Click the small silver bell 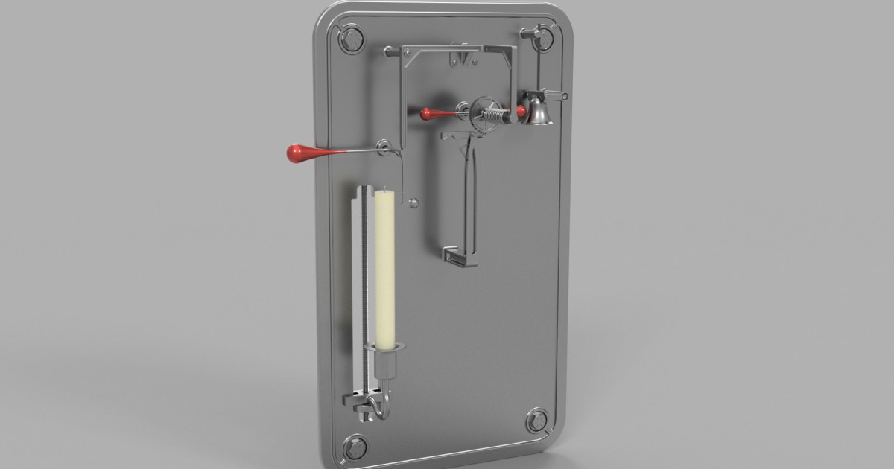[x=538, y=112]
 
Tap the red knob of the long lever [x=299, y=153]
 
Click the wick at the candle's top [x=384, y=189]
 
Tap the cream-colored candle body [x=384, y=268]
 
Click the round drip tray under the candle [x=384, y=346]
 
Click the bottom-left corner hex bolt [x=355, y=447]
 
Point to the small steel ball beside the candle [x=414, y=200]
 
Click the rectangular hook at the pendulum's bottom [x=460, y=257]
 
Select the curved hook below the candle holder [x=382, y=406]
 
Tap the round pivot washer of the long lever [x=384, y=147]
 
